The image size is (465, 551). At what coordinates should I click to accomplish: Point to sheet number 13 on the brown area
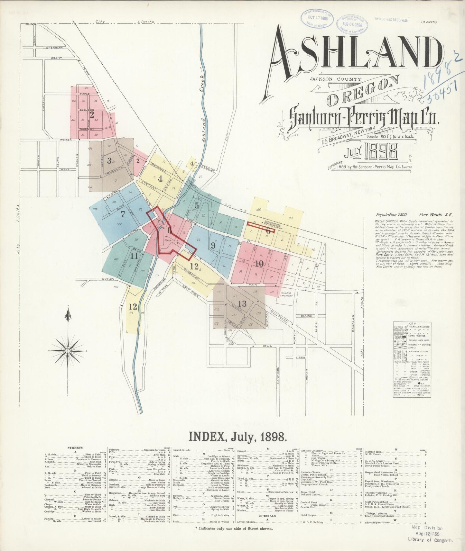tap(242, 304)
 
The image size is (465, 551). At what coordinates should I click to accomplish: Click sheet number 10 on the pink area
tap(259, 264)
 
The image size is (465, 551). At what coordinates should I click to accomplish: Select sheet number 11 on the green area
tap(134, 256)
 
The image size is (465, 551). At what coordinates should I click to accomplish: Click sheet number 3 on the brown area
tap(109, 160)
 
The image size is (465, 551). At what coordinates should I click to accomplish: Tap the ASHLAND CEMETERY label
tap(286, 294)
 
